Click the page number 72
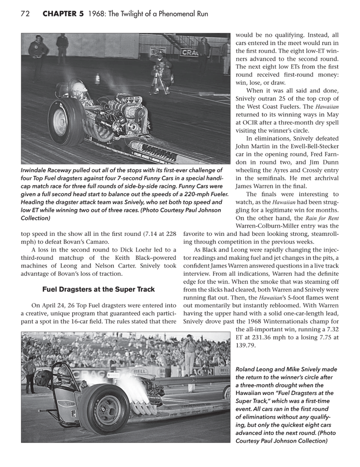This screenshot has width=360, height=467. [x=26, y=14]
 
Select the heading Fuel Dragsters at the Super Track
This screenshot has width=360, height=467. [x=99, y=289]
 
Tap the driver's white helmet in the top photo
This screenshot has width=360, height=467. [x=79, y=89]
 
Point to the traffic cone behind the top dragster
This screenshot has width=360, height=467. [x=97, y=78]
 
